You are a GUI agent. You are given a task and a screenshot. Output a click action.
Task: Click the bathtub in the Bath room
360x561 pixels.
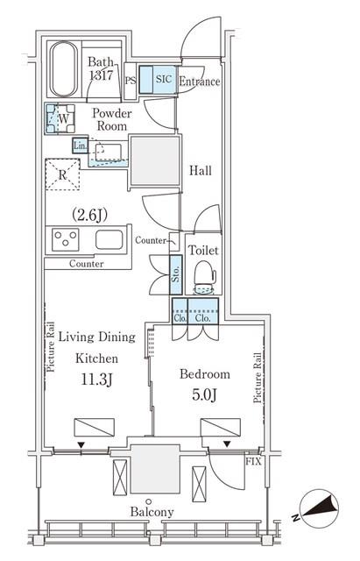tap(64, 70)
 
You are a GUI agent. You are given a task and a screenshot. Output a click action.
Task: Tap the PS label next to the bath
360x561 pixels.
tap(131, 81)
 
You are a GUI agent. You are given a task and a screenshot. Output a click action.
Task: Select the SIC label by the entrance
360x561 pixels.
tap(164, 79)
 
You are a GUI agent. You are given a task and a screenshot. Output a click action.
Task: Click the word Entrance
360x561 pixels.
tap(199, 82)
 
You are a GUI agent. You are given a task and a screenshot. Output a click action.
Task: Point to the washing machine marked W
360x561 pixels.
tap(60, 118)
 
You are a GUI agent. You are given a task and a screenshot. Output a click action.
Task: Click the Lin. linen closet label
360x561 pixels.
tap(80, 146)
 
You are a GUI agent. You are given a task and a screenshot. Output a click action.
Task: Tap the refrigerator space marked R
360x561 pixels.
tap(62, 174)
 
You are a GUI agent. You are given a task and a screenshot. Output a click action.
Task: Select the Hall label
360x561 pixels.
tap(201, 170)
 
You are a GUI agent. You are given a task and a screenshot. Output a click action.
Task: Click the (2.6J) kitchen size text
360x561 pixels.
tap(89, 215)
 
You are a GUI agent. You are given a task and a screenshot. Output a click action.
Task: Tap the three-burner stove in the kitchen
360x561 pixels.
tap(66, 239)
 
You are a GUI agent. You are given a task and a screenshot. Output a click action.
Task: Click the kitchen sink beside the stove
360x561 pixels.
tap(109, 239)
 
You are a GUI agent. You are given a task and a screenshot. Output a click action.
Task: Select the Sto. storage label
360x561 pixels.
tap(175, 274)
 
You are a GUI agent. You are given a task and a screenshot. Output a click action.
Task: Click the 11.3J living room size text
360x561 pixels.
tap(97, 380)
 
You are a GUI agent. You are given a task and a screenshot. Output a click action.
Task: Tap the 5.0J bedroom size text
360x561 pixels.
tap(205, 394)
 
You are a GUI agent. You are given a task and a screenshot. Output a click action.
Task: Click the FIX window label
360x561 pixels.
tap(253, 462)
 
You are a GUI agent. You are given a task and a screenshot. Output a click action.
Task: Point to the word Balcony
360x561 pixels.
tap(152, 512)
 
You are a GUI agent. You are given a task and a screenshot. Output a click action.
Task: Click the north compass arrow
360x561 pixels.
tap(319, 508)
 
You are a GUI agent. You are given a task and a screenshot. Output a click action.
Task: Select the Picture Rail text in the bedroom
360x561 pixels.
tap(258, 378)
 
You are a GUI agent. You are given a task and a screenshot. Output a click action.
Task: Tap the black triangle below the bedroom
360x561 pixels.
tap(227, 444)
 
